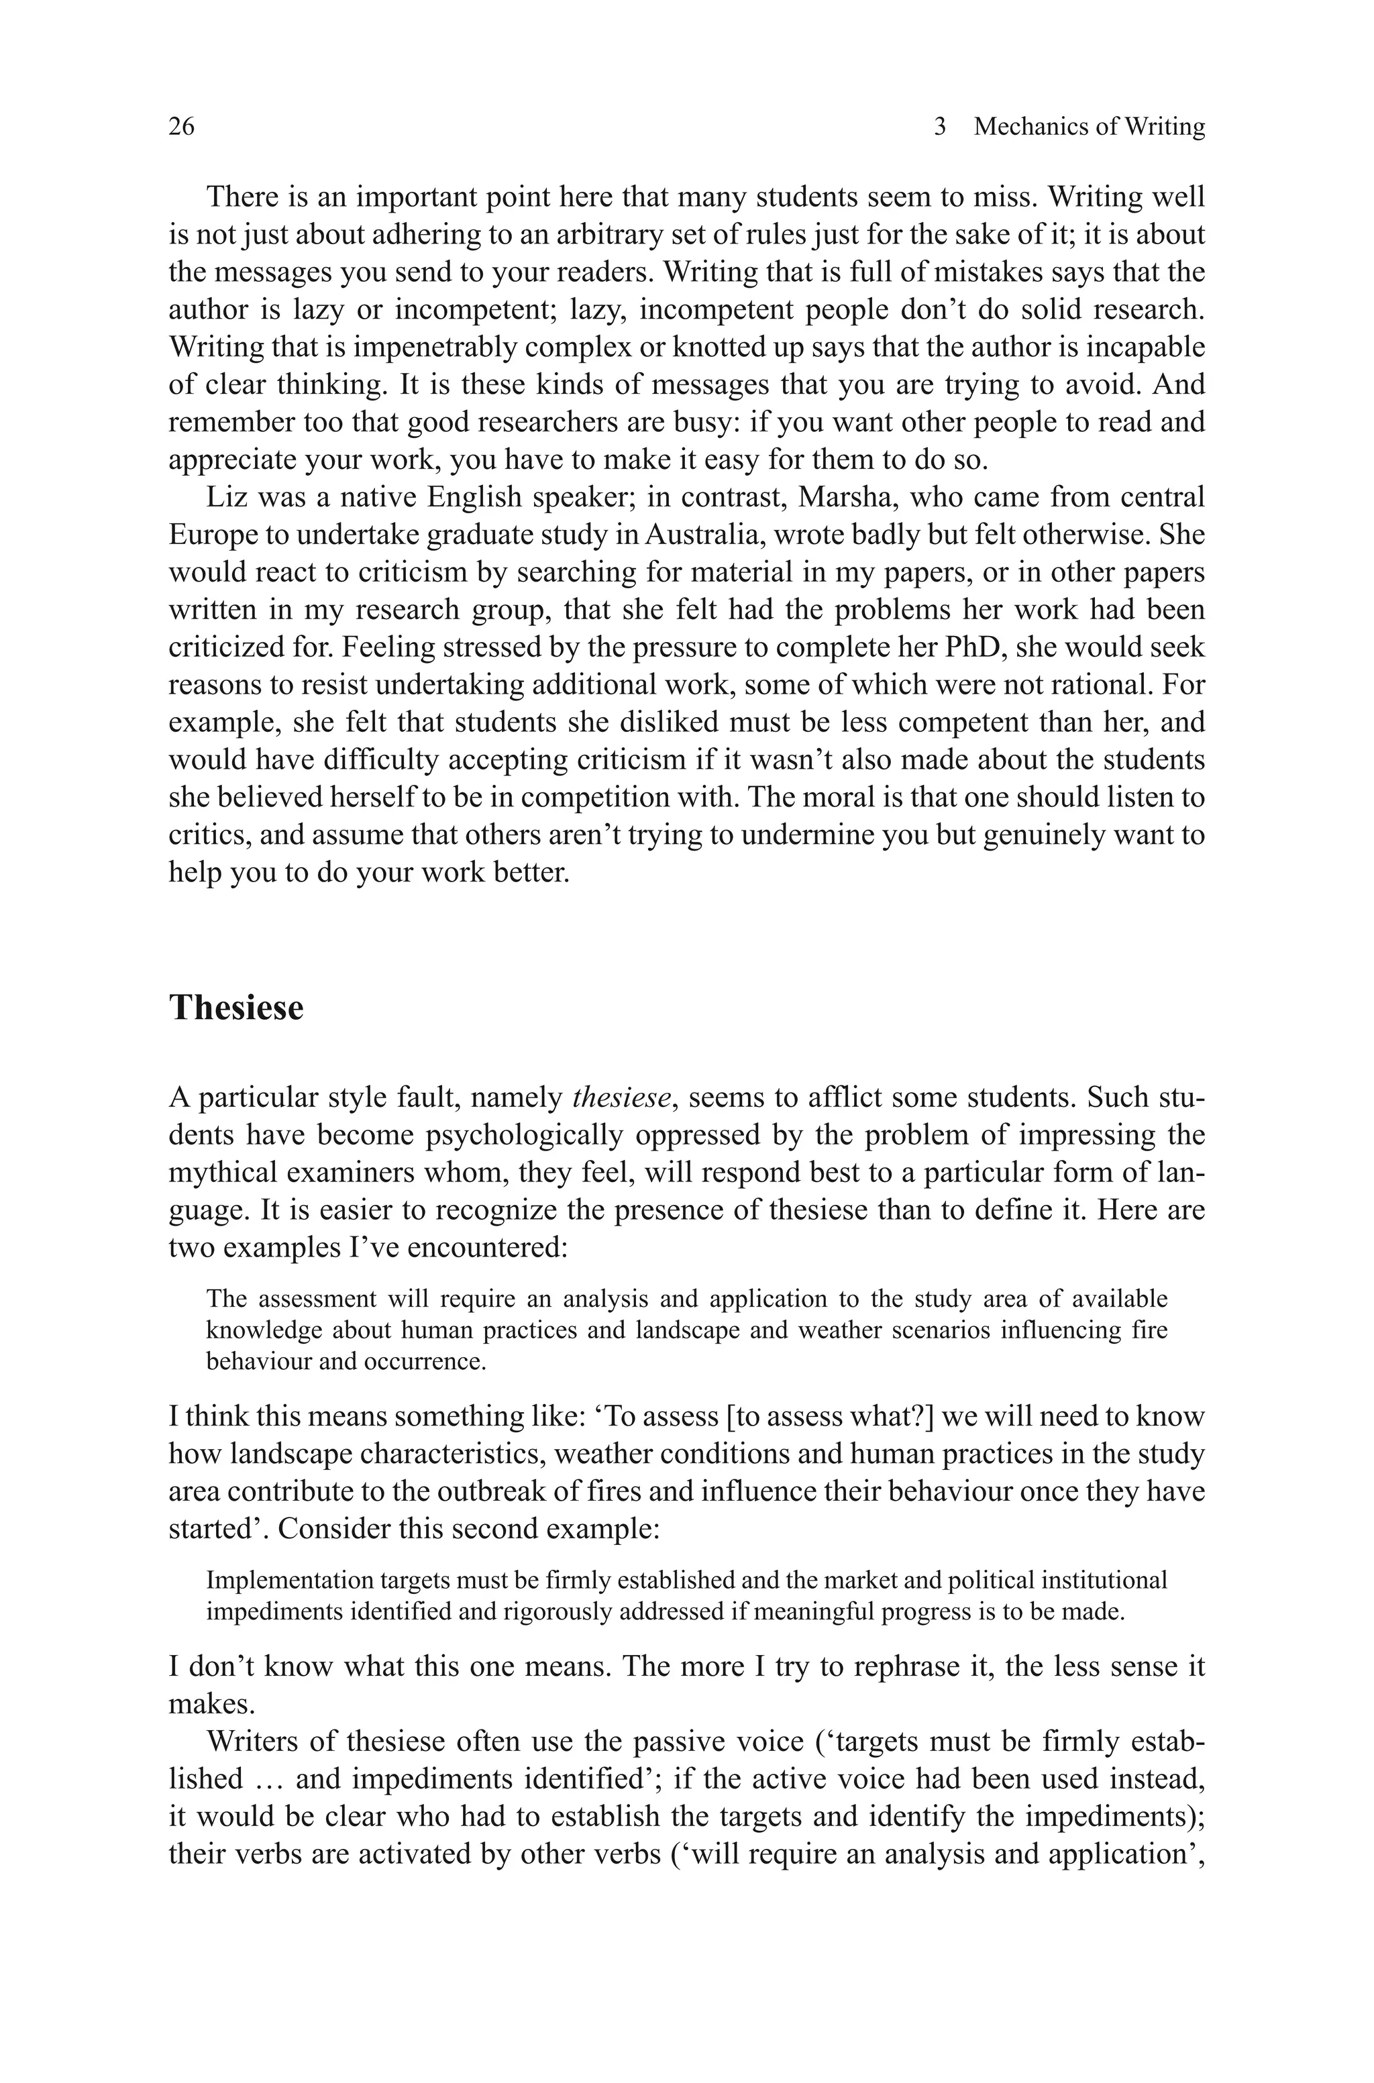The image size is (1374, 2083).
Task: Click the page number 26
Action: (181, 127)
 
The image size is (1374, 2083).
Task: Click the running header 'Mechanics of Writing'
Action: (1090, 127)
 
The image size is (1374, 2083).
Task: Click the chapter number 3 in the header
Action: (940, 127)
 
